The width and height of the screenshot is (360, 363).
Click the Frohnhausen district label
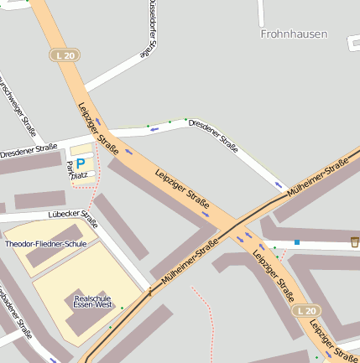point(294,34)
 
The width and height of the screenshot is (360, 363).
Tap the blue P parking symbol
point(81,163)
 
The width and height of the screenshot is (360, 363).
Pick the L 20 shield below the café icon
point(306,311)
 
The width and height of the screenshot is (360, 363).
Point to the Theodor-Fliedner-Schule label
point(45,244)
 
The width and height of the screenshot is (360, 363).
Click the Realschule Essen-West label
point(93,301)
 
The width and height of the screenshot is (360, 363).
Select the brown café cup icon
point(355,241)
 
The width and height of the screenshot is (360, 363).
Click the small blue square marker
point(296,243)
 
